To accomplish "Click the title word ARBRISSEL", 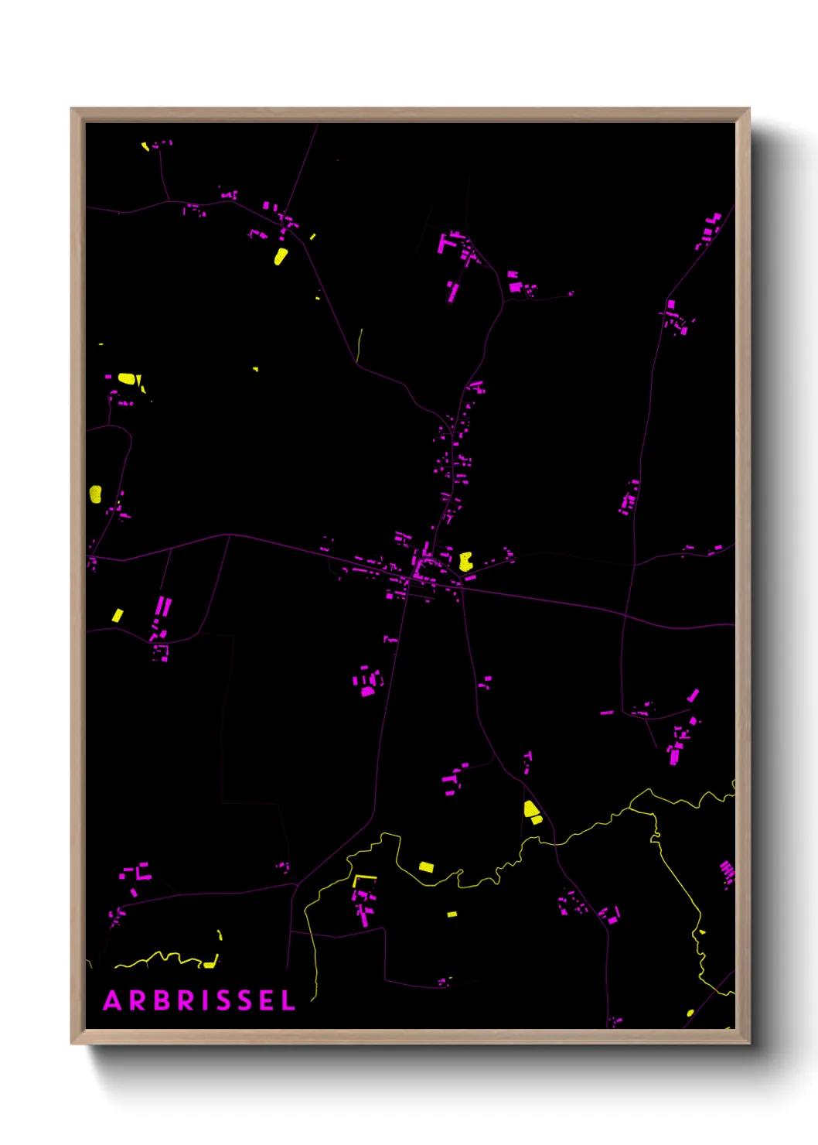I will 199,1000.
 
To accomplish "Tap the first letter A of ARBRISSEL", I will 112,1000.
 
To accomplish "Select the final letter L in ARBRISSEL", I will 288,1000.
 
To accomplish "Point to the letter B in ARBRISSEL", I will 162,1000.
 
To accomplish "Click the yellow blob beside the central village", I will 465,562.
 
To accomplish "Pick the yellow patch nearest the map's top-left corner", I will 145,145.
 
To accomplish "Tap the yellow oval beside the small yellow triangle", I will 127,379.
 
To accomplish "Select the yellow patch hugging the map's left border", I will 95,494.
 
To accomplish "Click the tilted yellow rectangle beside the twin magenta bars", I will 118,615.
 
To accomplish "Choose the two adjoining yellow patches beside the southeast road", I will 532,812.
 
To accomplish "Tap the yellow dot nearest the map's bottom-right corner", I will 690,1012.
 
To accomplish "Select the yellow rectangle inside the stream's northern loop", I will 426,866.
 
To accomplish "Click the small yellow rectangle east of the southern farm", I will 452,914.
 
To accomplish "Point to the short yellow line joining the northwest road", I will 360,344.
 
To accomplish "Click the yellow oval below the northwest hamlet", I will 281,256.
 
